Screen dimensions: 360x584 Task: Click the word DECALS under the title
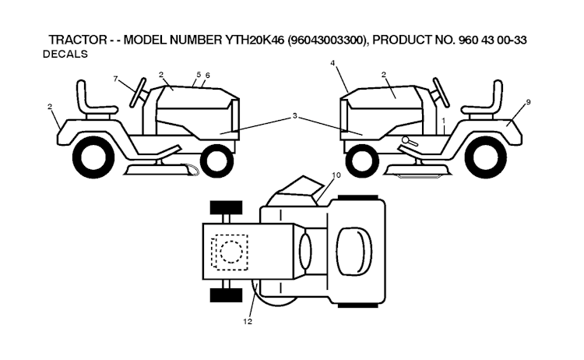(x=65, y=55)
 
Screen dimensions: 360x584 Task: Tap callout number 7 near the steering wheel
(x=116, y=79)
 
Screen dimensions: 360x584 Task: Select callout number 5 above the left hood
(x=199, y=74)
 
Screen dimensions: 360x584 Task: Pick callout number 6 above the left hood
(x=208, y=75)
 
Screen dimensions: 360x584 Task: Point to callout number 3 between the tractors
(x=295, y=116)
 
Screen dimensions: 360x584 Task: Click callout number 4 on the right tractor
(x=332, y=62)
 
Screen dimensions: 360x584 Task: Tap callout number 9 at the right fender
(x=528, y=102)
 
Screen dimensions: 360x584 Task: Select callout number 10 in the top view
(x=336, y=175)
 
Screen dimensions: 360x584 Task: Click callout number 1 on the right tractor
(x=443, y=121)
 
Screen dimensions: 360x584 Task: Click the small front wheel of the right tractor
(x=361, y=161)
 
